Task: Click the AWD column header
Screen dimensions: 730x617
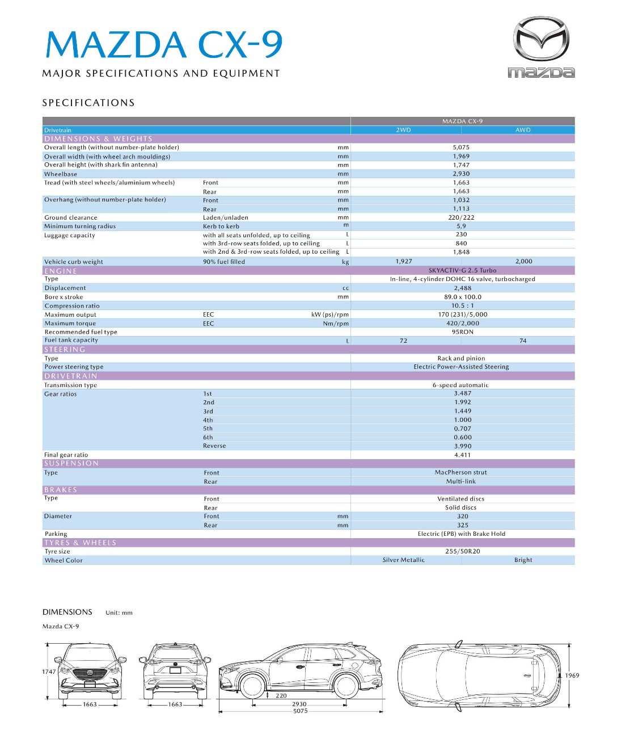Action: (523, 130)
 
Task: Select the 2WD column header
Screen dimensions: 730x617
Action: (403, 130)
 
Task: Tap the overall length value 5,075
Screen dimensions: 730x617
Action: (461, 148)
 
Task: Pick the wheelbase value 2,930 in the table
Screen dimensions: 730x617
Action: (461, 174)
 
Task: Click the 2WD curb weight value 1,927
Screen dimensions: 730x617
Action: (404, 262)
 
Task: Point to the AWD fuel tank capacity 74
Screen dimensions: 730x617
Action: (523, 341)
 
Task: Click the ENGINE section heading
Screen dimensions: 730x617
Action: (61, 271)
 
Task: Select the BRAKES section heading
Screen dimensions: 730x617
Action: (61, 490)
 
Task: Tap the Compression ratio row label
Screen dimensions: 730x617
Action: (72, 306)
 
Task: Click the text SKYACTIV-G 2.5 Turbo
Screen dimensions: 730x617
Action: (462, 271)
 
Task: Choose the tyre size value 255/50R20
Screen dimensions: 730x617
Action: (462, 551)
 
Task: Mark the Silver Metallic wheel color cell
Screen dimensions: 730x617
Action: (403, 560)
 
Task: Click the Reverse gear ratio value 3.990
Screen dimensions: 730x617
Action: (462, 446)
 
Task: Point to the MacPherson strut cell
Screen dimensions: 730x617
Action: (460, 472)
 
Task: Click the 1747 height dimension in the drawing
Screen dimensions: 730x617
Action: (49, 672)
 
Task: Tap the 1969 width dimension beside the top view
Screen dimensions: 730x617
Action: (572, 676)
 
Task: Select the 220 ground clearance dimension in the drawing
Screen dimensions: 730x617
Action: (281, 695)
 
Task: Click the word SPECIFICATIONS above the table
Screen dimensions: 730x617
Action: (88, 103)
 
